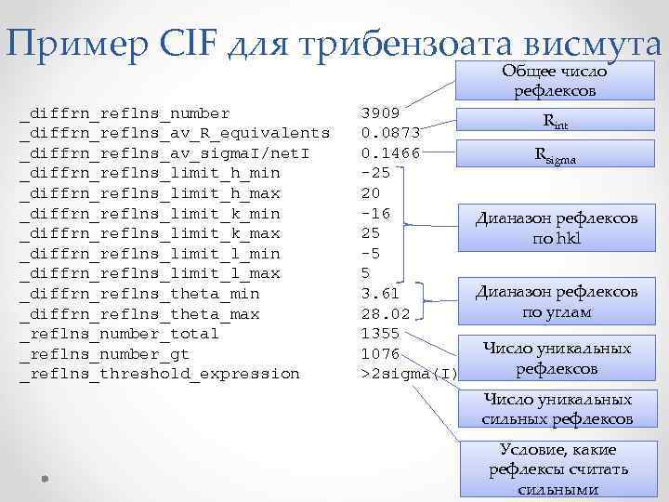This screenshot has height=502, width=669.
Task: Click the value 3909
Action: click(381, 112)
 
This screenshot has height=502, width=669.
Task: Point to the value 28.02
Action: click(385, 313)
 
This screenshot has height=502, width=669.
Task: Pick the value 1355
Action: click(381, 333)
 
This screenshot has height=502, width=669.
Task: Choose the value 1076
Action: click(381, 353)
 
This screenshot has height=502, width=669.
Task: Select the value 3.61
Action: click(380, 294)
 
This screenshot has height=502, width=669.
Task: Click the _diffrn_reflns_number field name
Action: click(125, 112)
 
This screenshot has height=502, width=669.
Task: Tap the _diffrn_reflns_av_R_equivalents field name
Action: click(175, 133)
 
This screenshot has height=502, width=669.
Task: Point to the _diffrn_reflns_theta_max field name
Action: click(139, 313)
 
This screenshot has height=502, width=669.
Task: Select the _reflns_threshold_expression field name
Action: click(160, 374)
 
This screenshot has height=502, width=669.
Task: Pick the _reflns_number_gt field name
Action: click(110, 353)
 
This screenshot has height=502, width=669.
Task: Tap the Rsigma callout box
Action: click(557, 157)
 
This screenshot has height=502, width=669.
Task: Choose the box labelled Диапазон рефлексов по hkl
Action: click(557, 229)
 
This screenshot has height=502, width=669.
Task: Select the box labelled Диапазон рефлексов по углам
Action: click(557, 302)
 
